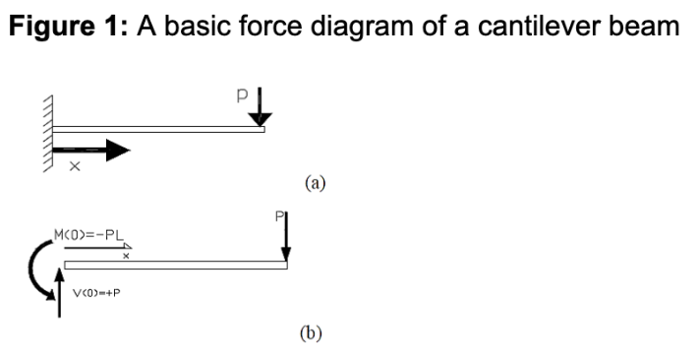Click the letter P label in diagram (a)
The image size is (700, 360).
point(242,95)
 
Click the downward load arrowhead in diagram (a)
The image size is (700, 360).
point(260,120)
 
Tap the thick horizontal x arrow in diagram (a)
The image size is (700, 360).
point(91,150)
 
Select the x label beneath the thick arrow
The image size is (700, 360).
point(75,166)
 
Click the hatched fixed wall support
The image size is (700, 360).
point(48,134)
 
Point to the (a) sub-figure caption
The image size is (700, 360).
point(316,183)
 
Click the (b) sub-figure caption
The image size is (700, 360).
point(311,333)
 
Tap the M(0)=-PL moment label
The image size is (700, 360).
point(88,234)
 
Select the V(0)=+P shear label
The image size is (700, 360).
point(96,293)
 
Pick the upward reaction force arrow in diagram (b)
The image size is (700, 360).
point(59,292)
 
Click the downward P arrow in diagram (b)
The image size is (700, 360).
point(286,237)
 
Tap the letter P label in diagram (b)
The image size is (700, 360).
point(279,217)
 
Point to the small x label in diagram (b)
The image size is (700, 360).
point(126,256)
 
